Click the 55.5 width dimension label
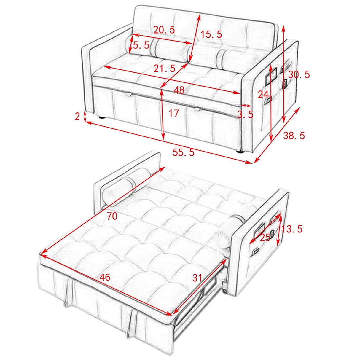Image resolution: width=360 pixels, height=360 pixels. point(184,152)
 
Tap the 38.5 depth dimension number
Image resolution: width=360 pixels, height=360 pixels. point(294,136)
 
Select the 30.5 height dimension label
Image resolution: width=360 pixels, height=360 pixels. point(299,74)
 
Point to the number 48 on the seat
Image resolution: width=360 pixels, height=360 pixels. point(179,90)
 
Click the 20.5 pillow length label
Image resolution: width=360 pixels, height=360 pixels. point(164,30)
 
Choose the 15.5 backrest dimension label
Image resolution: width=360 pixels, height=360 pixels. point(211,34)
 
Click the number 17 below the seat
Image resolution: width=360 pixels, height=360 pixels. point(174,113)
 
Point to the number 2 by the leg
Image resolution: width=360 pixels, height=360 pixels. point(77,117)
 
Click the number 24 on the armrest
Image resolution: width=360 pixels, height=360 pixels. point(263,95)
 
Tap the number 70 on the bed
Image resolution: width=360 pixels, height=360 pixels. point(112,216)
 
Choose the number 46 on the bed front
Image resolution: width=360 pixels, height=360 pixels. point(105,277)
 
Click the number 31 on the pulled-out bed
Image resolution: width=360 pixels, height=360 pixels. point(197,278)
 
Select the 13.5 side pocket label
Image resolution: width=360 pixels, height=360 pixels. point(292,229)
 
